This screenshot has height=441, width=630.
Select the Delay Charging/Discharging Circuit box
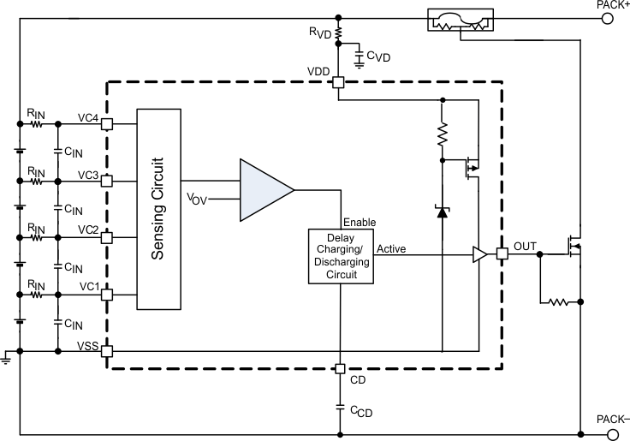(x=341, y=257)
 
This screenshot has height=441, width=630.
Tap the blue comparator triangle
(x=265, y=188)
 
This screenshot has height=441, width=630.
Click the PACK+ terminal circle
(x=607, y=16)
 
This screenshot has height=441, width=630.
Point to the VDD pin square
(x=339, y=83)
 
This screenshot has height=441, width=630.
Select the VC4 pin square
(x=107, y=123)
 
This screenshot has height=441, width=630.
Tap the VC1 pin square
(x=107, y=295)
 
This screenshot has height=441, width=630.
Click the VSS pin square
(x=107, y=350)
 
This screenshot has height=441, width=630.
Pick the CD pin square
(x=339, y=369)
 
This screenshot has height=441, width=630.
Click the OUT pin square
(x=502, y=253)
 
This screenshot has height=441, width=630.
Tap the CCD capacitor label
(x=361, y=412)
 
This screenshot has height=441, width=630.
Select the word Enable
(x=360, y=222)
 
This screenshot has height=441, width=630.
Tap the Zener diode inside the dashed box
(x=442, y=211)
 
